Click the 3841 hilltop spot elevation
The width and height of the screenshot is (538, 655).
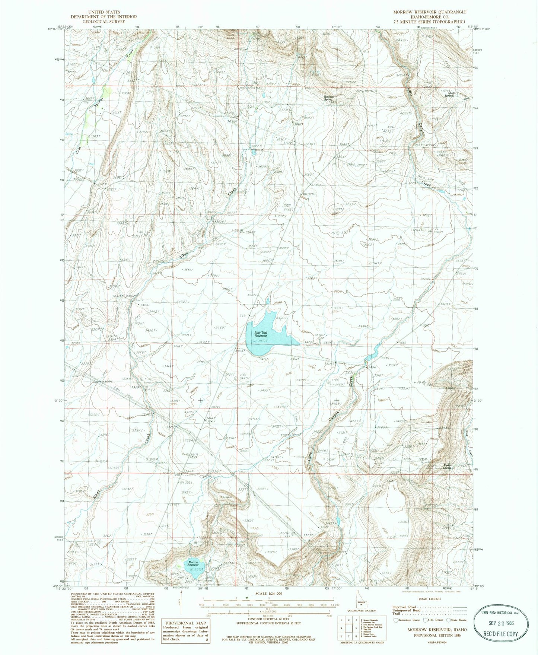coord(338,209)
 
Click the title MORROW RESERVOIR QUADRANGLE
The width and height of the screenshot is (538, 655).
coord(430,12)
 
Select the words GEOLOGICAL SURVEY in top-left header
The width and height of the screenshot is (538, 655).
coord(104,22)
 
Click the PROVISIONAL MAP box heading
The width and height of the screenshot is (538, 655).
coord(180,623)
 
